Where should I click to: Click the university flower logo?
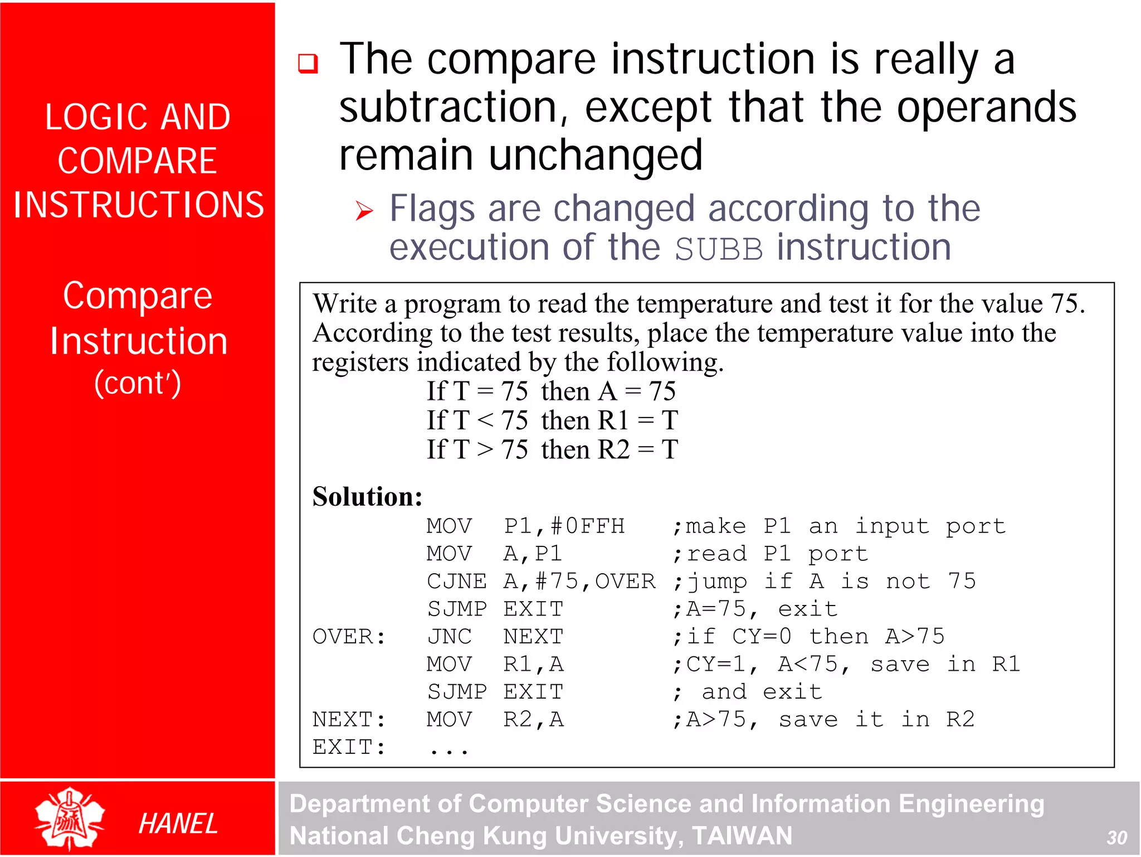(x=70, y=819)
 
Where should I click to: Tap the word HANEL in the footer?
(x=178, y=824)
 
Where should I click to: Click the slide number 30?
(x=1116, y=837)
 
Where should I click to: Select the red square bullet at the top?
(x=308, y=64)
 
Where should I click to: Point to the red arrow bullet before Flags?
(x=364, y=211)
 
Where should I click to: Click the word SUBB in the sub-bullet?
(x=718, y=249)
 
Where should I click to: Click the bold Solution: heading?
(x=368, y=496)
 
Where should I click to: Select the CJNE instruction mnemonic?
(x=456, y=581)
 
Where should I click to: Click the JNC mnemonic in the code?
(x=449, y=636)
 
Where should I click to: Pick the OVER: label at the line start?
(x=349, y=636)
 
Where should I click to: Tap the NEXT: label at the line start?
(x=349, y=719)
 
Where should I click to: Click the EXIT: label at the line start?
(x=349, y=747)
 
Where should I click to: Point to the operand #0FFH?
(x=587, y=526)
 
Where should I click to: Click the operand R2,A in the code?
(x=533, y=719)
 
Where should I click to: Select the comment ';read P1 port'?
(x=770, y=553)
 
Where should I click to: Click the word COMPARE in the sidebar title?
(x=138, y=161)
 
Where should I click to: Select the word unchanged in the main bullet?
(x=595, y=155)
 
